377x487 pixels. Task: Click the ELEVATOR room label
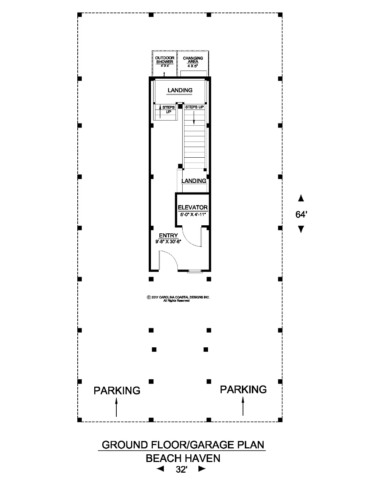point(193,207)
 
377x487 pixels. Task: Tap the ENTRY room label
point(168,235)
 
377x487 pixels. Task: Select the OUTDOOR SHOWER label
point(165,60)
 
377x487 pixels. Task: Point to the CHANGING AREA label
point(193,60)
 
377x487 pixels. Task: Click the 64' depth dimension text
point(301,215)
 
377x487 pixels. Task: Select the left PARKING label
point(117,390)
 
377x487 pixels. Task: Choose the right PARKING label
point(243,389)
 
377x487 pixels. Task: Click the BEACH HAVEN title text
point(183,458)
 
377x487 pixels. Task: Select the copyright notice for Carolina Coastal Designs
point(178,299)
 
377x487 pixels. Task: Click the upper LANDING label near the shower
point(180,90)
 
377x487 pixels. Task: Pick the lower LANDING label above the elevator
point(194,180)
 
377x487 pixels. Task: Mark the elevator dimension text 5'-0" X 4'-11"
point(193,215)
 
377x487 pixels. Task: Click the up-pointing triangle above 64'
point(301,198)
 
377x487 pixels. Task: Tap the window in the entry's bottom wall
point(195,271)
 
